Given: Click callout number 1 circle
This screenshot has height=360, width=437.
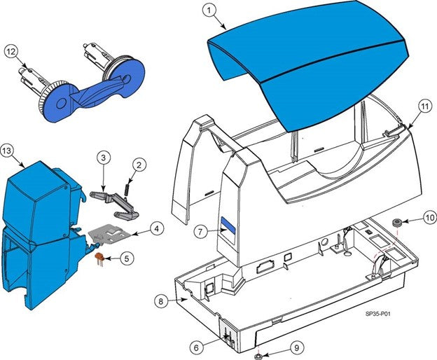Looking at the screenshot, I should pos(209,10).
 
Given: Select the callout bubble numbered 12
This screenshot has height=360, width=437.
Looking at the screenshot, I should pos(11,51).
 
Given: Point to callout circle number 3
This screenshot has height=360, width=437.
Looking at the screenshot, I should pos(102,159).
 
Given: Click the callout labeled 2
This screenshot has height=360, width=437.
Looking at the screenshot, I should pos(139,165).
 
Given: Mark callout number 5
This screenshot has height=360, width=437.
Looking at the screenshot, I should pos(125,258).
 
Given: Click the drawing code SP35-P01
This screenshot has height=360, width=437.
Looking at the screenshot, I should pos(377,315).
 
